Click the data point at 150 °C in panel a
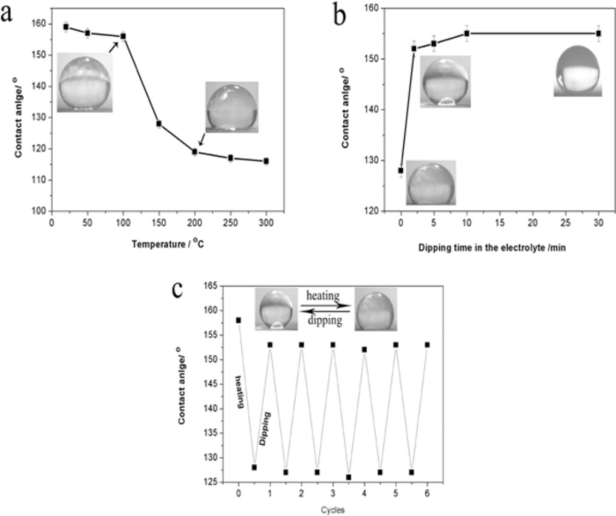159,124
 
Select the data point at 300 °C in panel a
266,161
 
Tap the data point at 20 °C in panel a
66,27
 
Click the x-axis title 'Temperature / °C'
167,244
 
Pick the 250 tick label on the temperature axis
230,223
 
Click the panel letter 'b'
340,16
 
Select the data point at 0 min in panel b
401,170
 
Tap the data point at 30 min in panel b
599,33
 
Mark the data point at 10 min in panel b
467,33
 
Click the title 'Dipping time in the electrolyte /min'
492,248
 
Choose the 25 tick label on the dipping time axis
565,223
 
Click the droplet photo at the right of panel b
577,71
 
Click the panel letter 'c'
178,289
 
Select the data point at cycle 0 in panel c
238,320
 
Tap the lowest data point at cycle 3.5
348,477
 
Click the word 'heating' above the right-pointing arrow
323,295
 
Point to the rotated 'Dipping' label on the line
265,428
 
